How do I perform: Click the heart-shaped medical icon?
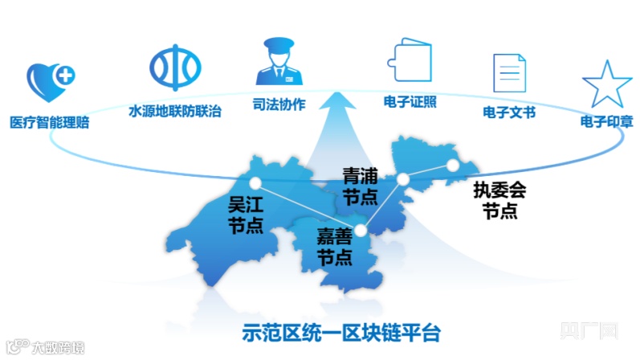[51, 81]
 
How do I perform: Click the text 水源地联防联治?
[174, 110]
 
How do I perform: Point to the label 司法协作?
[279, 105]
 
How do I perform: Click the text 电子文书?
[508, 112]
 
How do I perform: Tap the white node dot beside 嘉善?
[361, 231]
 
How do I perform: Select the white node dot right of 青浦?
[404, 178]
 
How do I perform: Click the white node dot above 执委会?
[453, 165]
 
